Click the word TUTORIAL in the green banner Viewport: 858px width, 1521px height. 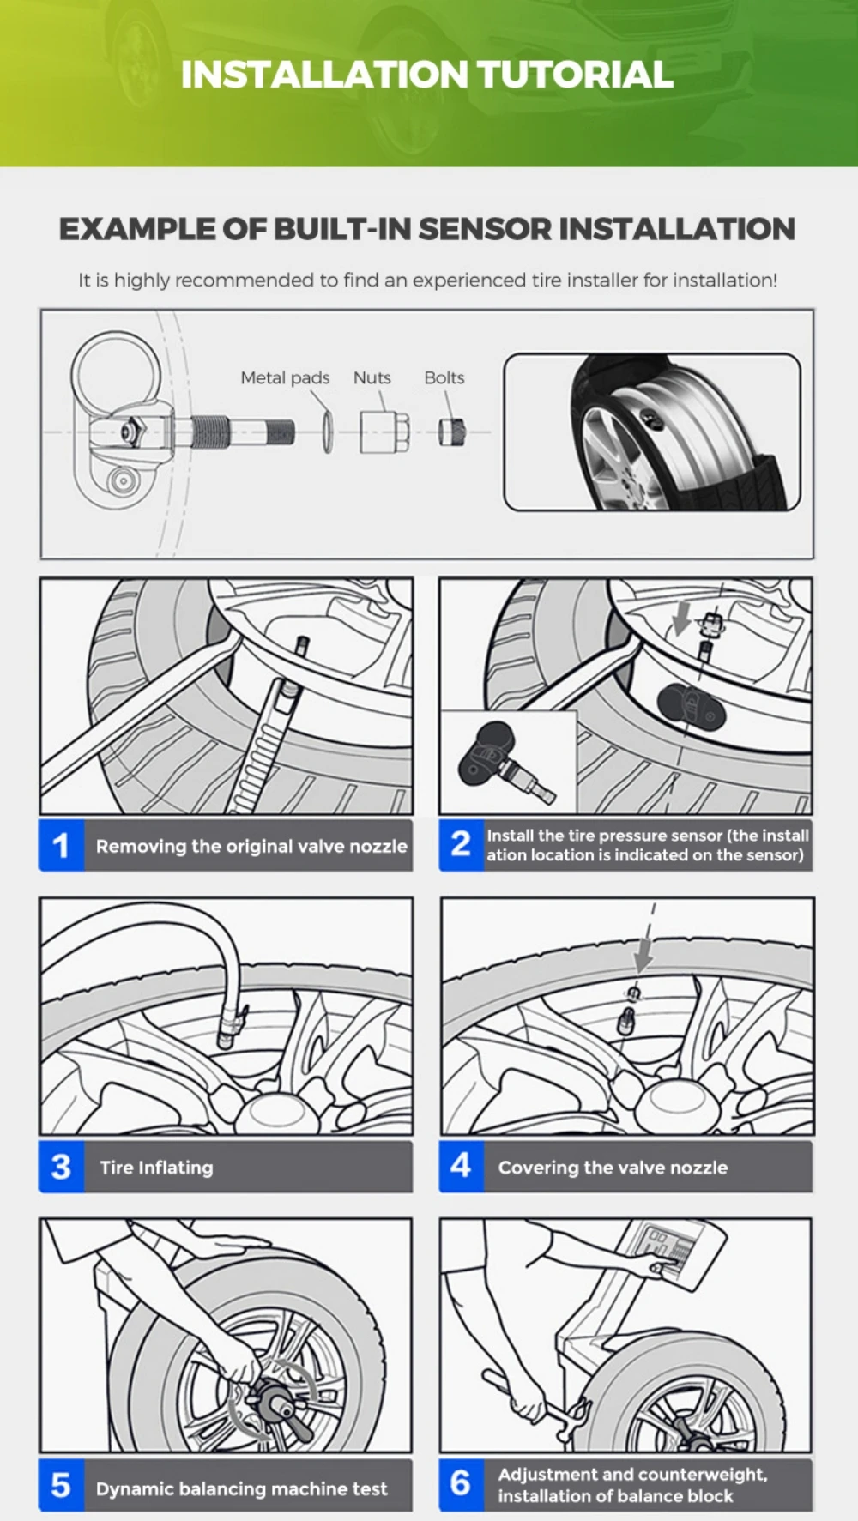pyautogui.click(x=575, y=75)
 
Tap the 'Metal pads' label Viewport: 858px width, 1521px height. pyautogui.click(x=285, y=377)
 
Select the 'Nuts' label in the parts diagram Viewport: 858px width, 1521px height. pyautogui.click(x=372, y=377)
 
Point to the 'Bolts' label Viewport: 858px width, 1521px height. pyautogui.click(x=444, y=377)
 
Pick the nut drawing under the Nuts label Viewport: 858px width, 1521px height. pyautogui.click(x=384, y=432)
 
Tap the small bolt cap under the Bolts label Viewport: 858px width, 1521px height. pyautogui.click(x=452, y=431)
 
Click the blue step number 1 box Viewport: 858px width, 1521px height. pyautogui.click(x=61, y=846)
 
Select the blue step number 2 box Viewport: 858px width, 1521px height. pyautogui.click(x=461, y=845)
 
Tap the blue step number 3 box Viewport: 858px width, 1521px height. pyautogui.click(x=61, y=1167)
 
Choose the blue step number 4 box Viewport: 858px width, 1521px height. pyautogui.click(x=461, y=1166)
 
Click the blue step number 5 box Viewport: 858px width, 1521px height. pyautogui.click(x=61, y=1486)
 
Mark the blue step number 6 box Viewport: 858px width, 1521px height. pyautogui.click(x=461, y=1484)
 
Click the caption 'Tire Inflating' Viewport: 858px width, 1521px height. pyautogui.click(x=156, y=1168)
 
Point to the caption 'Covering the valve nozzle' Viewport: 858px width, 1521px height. pyautogui.click(x=613, y=1168)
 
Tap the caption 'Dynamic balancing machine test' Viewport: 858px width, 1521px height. pyautogui.click(x=241, y=1488)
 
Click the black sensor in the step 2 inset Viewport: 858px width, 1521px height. pyautogui.click(x=489, y=751)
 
